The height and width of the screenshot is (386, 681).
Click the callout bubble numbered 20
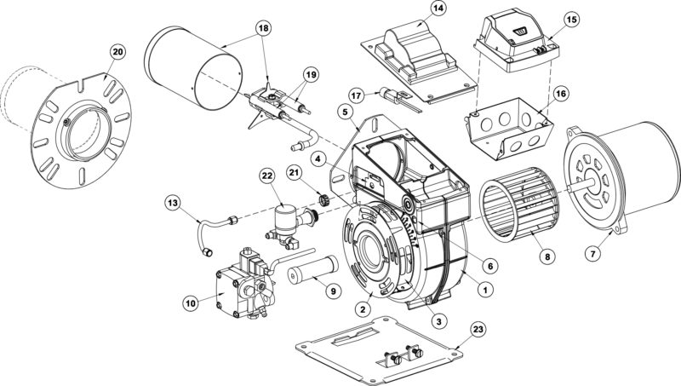tap(117, 52)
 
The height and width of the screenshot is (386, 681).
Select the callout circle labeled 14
tap(438, 9)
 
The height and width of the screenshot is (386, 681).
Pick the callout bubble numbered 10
tap(190, 301)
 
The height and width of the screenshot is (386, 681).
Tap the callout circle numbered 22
tap(266, 176)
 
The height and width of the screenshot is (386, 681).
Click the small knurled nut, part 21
tap(324, 200)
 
